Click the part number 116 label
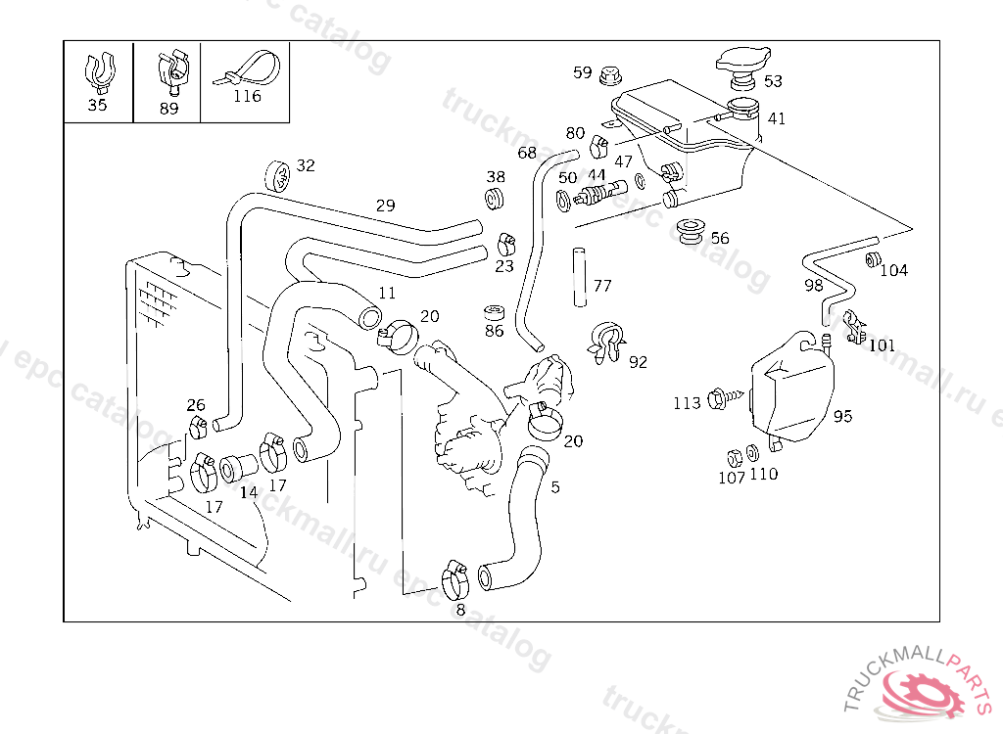(x=247, y=96)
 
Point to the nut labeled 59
(x=610, y=73)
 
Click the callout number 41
(x=776, y=118)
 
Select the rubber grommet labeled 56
(x=691, y=232)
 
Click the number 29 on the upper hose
(x=385, y=206)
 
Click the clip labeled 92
(x=608, y=342)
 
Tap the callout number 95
(x=842, y=416)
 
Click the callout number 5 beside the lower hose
(x=555, y=486)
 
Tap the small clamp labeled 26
(x=198, y=426)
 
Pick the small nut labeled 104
(x=871, y=260)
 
